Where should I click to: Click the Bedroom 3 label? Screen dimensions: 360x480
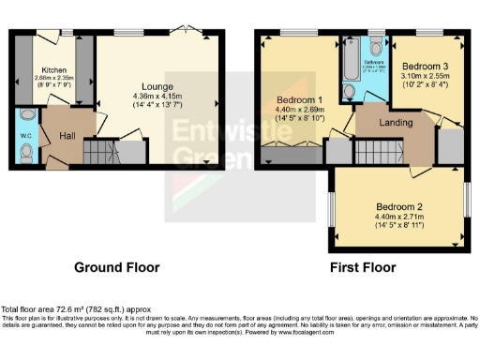point(418,67)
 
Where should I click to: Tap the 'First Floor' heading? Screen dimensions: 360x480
point(362,267)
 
